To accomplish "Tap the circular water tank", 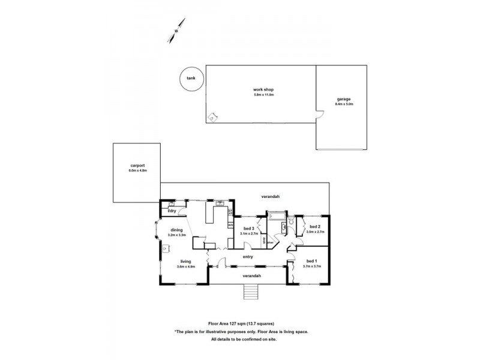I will click(191, 79).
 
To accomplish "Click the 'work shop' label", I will click(263, 89).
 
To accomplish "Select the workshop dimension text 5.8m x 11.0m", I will click(263, 95).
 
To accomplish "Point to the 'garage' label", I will click(344, 99).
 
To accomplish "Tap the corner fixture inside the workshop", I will click(211, 117).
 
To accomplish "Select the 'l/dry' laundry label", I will click(172, 211).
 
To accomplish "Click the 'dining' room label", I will click(176, 230).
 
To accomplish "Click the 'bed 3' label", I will click(248, 228).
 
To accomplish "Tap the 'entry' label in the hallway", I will click(247, 257).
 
